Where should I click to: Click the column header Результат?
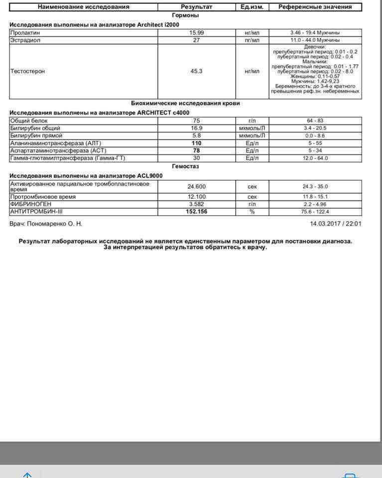coord(196,7)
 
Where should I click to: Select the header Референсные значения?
coord(315,7)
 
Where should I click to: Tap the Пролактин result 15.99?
coord(196,32)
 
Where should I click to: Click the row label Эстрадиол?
coord(25,40)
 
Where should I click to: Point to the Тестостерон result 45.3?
coord(196,71)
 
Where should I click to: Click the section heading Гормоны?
coord(185,15)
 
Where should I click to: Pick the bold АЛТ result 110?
coord(196,143)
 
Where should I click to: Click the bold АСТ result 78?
coord(196,150)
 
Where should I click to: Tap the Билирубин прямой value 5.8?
coord(196,135)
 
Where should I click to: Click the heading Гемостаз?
coord(185,166)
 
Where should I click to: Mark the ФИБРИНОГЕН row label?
coord(29,204)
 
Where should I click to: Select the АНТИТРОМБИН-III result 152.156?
coord(196,212)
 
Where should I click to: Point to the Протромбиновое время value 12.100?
coord(196,197)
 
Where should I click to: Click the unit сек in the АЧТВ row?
coord(252,186)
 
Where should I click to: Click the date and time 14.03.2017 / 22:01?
coord(336,224)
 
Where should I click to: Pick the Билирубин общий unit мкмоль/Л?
coord(252,128)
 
